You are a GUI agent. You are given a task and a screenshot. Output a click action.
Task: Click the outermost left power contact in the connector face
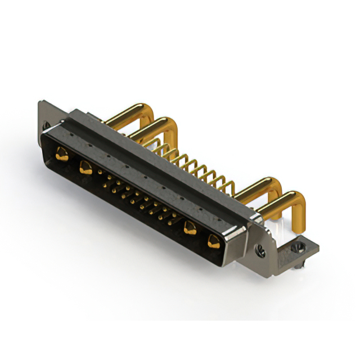point(62,153)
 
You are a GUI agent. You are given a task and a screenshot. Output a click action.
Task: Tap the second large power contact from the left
point(85,166)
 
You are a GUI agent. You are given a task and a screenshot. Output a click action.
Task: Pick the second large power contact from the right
point(190,228)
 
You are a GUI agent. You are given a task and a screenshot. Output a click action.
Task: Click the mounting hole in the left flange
point(46,125)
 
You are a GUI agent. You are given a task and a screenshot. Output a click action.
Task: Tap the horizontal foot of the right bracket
point(304,247)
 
